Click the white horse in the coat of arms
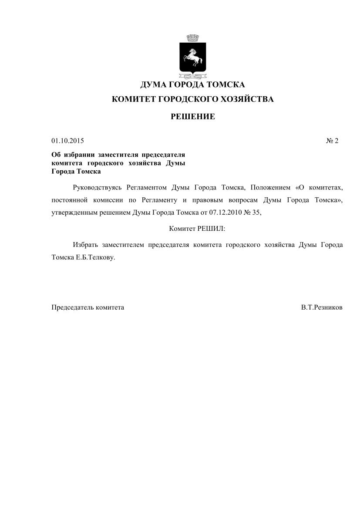click(192, 56)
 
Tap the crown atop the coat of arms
click(192, 38)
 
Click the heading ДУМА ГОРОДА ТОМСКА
click(192, 84)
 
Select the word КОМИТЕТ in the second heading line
click(133, 99)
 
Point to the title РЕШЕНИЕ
click(192, 117)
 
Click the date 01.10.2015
click(67, 141)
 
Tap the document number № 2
click(332, 141)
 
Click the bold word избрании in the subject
click(79, 155)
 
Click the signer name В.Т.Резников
click(322, 307)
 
